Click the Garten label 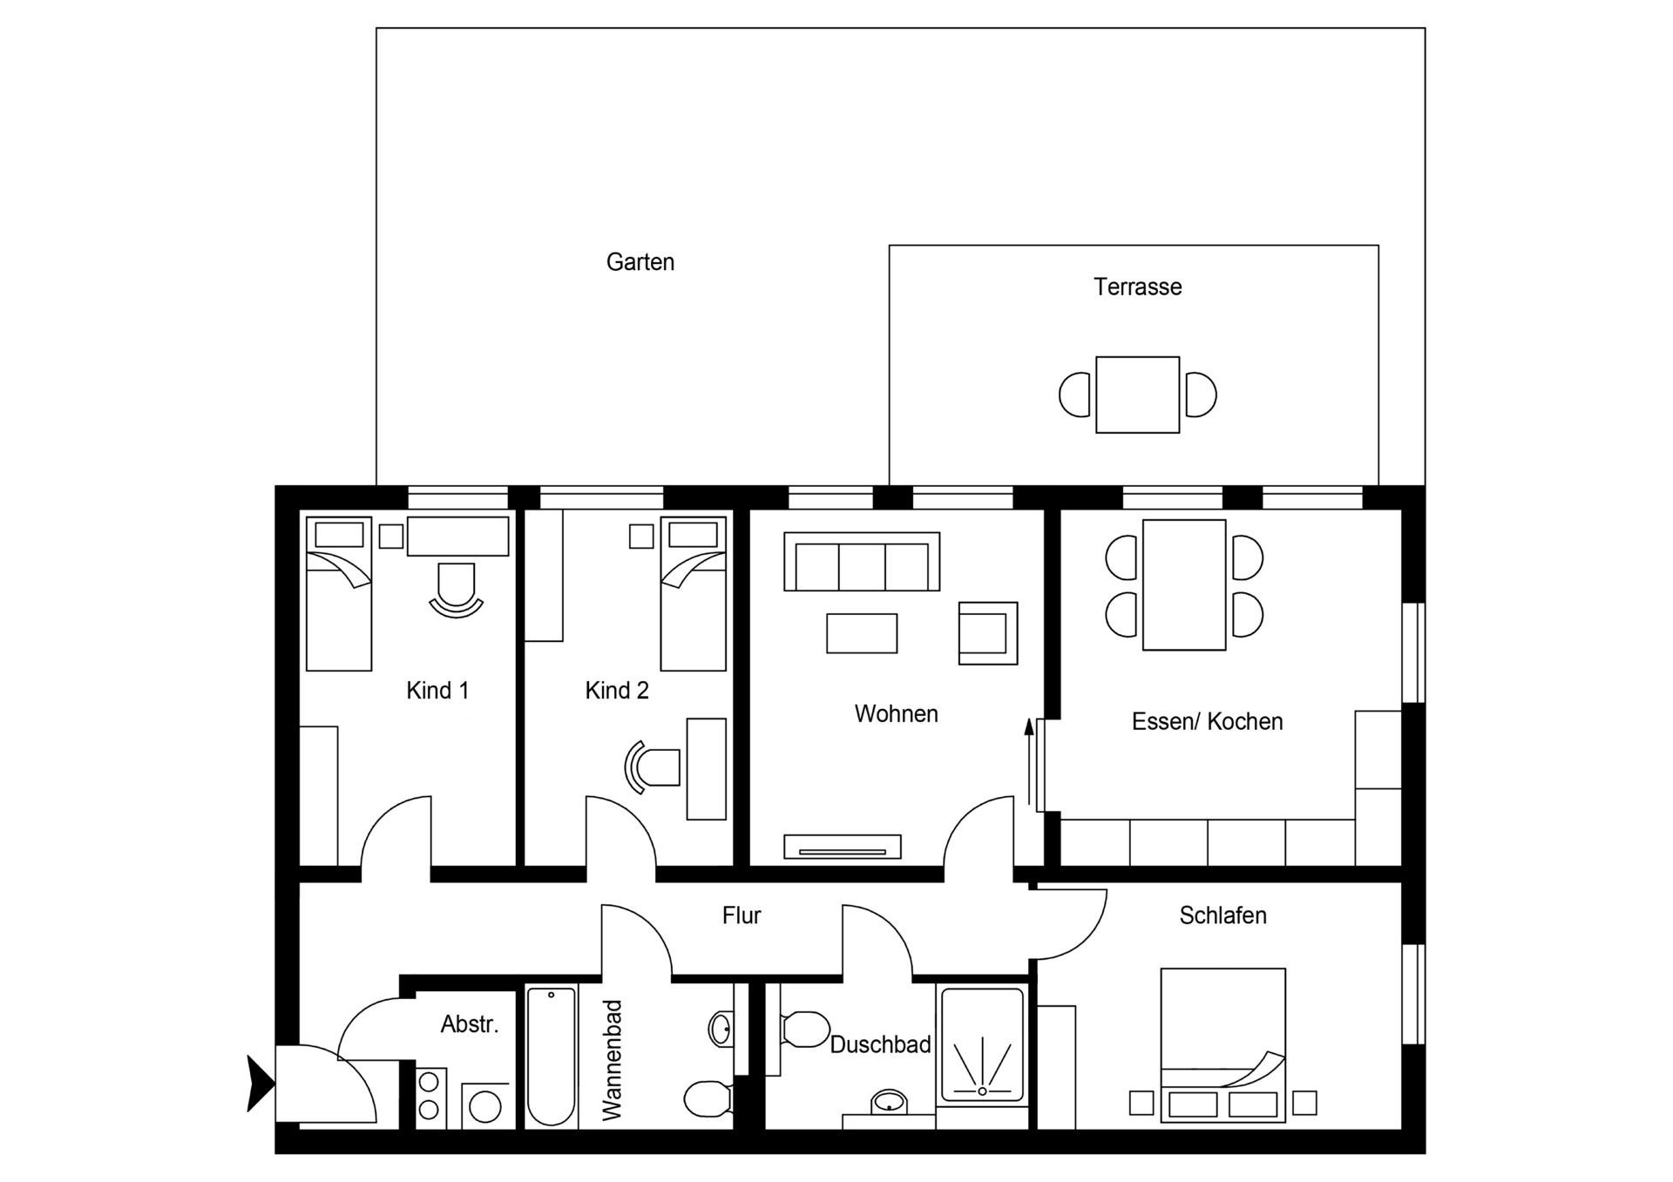point(640,262)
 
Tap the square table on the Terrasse point(1137,395)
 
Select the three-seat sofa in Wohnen point(862,563)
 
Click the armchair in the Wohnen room point(987,633)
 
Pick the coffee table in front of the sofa point(861,633)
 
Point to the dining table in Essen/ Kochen point(1183,584)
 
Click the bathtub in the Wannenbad point(551,1056)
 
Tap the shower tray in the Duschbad point(982,1045)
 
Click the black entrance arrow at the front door point(259,1084)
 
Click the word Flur point(742,915)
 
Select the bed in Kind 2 point(693,594)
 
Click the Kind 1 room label point(437,691)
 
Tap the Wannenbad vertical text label point(613,1059)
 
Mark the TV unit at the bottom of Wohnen point(842,847)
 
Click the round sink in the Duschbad point(889,1100)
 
